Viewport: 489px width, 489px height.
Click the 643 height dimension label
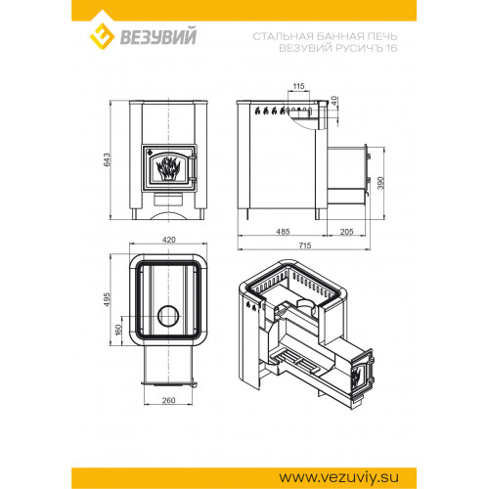pyautogui.click(x=107, y=159)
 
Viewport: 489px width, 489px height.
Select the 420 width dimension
pyautogui.click(x=168, y=240)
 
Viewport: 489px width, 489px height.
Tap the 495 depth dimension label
pyautogui.click(x=107, y=299)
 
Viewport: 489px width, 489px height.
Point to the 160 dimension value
pyautogui.click(x=118, y=330)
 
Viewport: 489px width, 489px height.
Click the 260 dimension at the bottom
pyautogui.click(x=168, y=400)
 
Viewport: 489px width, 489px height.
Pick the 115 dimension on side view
pyautogui.click(x=298, y=86)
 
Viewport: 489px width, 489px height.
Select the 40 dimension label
pyautogui.click(x=334, y=100)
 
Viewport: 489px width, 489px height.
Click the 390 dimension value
pyautogui.click(x=380, y=183)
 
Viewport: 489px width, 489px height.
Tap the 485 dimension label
pyautogui.click(x=283, y=232)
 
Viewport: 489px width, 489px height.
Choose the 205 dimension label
pyautogui.click(x=346, y=232)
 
